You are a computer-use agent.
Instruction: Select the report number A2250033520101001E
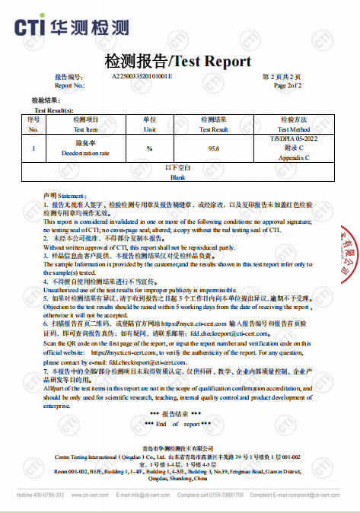pyautogui.click(x=142, y=78)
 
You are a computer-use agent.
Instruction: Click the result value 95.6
pyautogui.click(x=214, y=148)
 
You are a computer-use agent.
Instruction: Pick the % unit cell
pyautogui.click(x=149, y=148)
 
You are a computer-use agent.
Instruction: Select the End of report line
pyautogui.click(x=178, y=422)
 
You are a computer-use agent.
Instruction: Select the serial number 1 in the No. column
pyautogui.click(x=33, y=148)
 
